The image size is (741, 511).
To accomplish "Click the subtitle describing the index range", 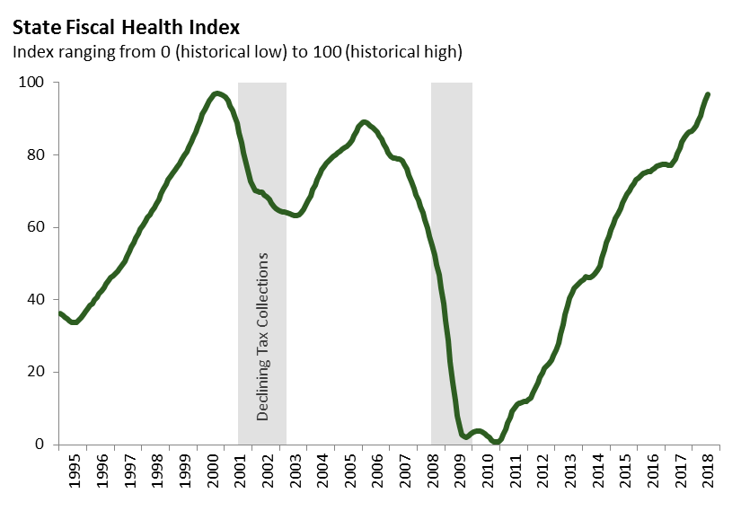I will (x=236, y=52).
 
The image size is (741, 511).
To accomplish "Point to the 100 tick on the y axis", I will (x=33, y=83).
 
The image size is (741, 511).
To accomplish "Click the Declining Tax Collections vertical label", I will (x=263, y=338).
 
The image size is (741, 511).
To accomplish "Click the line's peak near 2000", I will (x=216, y=93).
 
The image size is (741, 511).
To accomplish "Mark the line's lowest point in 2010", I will (x=496, y=442).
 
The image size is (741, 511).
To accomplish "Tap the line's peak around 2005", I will (x=363, y=121).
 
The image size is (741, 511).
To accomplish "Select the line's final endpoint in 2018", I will (x=708, y=94).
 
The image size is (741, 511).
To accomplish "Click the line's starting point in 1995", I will (x=59, y=313).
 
